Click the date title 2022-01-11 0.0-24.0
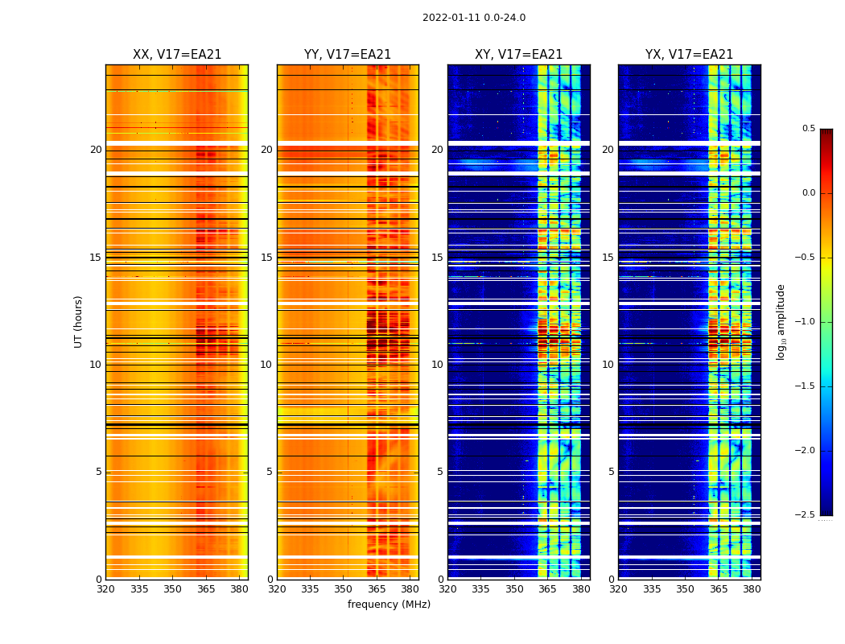[474, 18]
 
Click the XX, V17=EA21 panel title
[177, 55]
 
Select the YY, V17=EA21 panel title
[348, 55]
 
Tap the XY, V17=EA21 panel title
[518, 55]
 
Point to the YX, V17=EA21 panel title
[689, 55]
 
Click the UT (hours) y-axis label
[79, 321]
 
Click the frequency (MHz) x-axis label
[389, 605]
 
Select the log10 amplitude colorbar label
[781, 321]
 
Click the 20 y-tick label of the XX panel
[96, 150]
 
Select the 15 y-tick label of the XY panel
[437, 258]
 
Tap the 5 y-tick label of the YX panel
[611, 472]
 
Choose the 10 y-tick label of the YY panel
[266, 365]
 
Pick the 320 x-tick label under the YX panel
[618, 589]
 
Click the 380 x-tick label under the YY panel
[410, 589]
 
